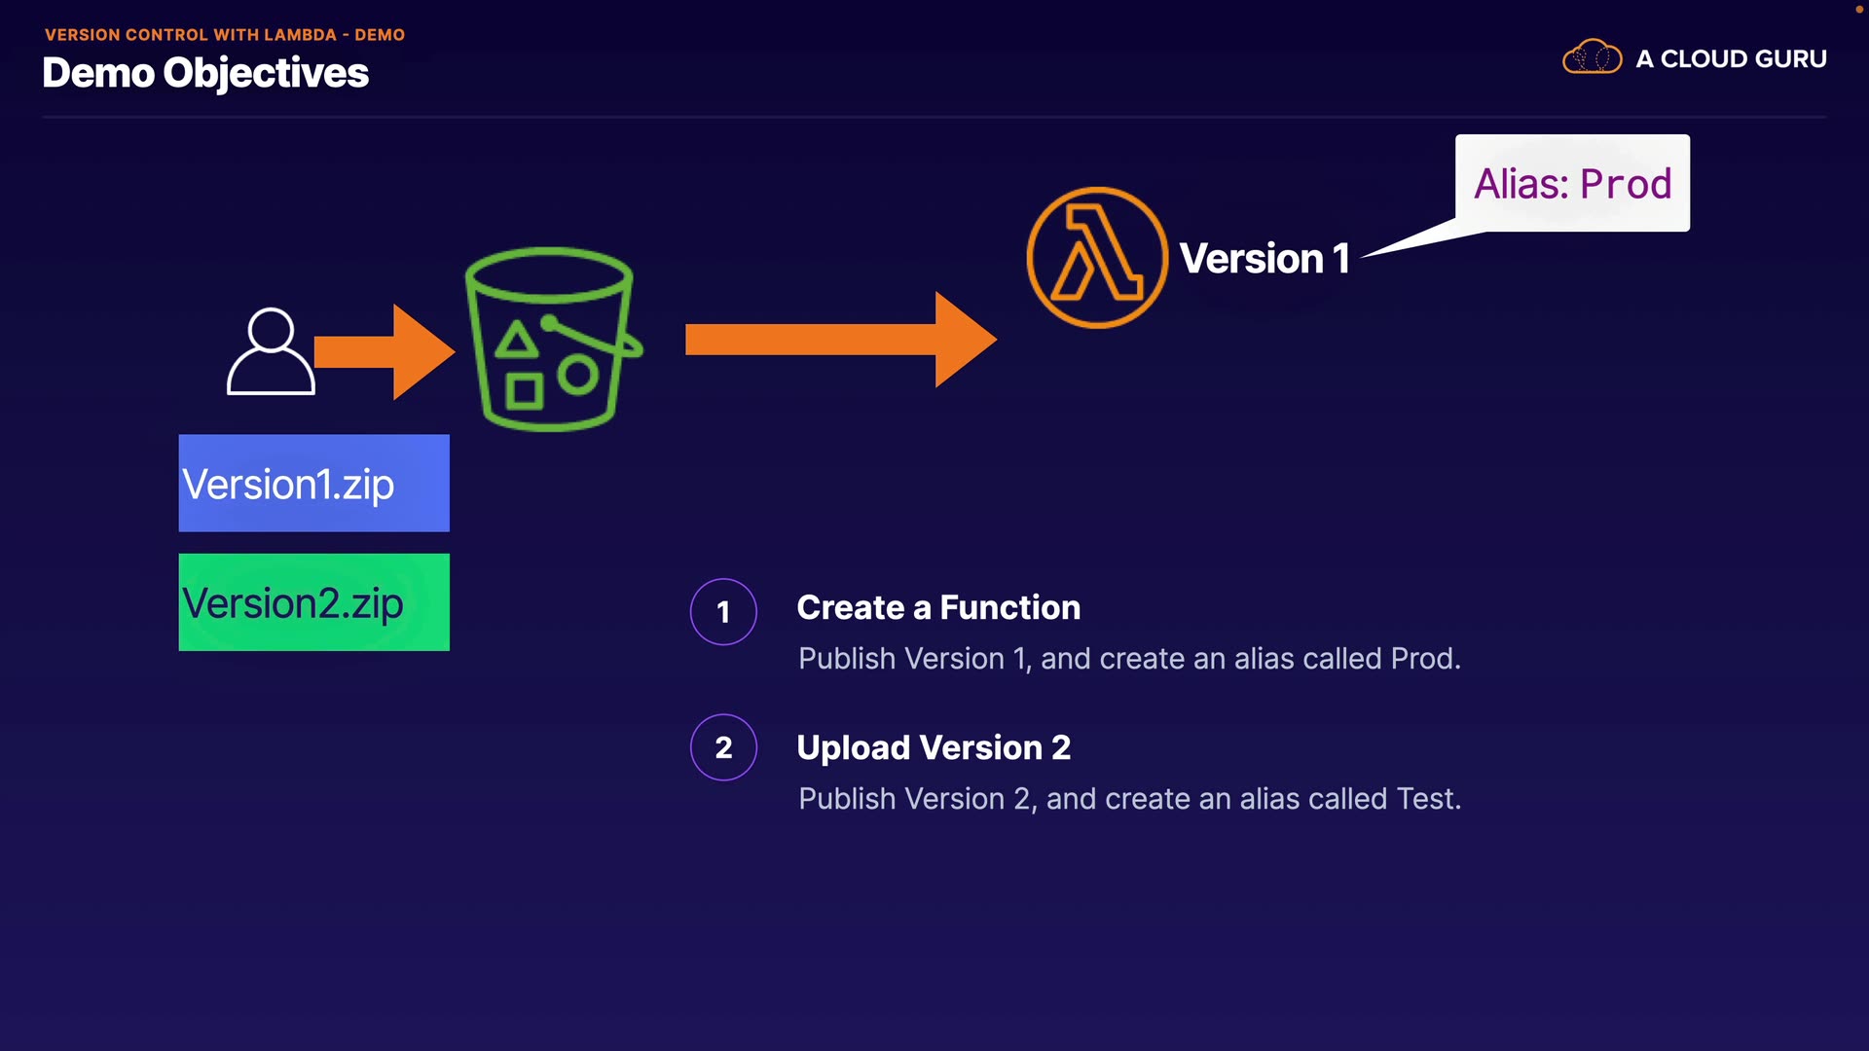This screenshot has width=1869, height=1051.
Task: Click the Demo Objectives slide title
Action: point(205,73)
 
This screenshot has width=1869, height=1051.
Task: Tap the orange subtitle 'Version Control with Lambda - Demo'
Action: point(225,35)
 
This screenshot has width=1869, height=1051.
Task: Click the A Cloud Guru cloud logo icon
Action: point(1592,57)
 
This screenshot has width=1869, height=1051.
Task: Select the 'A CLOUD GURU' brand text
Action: point(1731,59)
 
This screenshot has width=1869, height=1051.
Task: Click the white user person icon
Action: point(271,351)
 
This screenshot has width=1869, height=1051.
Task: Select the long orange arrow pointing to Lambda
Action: point(840,340)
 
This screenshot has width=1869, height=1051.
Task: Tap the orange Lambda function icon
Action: point(1097,258)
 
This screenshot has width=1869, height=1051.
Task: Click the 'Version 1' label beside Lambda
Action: point(1264,259)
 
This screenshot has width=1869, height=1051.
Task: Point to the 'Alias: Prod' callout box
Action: point(1572,183)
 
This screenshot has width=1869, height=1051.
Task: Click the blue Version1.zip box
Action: point(313,484)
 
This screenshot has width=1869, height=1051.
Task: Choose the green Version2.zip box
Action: point(313,602)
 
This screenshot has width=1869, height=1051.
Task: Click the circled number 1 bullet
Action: point(723,611)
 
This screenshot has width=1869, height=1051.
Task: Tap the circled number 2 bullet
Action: point(723,747)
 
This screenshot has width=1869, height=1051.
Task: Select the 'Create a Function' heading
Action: point(938,607)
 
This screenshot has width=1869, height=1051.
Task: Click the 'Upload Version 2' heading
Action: point(934,747)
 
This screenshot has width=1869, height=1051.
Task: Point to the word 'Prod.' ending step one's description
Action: point(1425,659)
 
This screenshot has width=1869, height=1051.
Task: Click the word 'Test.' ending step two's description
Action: point(1428,799)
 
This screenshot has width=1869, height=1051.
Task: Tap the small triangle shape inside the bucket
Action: point(516,341)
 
